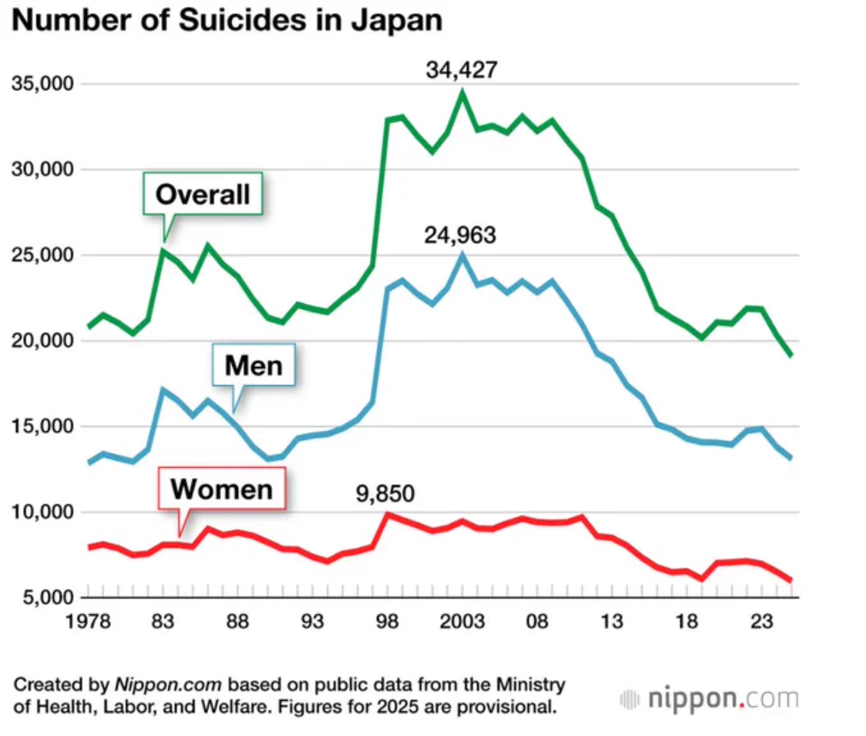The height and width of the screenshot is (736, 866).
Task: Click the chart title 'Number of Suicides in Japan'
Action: pyautogui.click(x=228, y=20)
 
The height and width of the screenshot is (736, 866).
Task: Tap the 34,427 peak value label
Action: pyautogui.click(x=461, y=69)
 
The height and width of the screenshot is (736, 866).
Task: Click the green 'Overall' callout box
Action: pyautogui.click(x=203, y=195)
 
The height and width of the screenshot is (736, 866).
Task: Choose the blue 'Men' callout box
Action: pyautogui.click(x=253, y=366)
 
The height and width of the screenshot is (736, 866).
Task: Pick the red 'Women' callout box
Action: pyautogui.click(x=222, y=489)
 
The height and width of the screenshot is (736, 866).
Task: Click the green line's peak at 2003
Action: pyautogui.click(x=462, y=91)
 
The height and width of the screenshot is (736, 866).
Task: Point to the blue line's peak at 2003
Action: pyautogui.click(x=462, y=254)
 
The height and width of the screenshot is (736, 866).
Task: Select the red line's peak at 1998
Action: pyautogui.click(x=388, y=514)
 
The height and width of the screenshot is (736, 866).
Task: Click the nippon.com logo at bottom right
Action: pyautogui.click(x=710, y=699)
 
